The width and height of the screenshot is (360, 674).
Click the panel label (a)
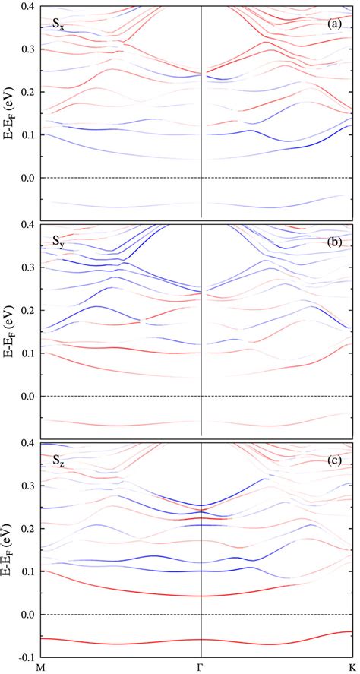tap(335, 24)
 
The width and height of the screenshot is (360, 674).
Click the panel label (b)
tap(335, 242)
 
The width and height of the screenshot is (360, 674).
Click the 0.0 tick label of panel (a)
tap(25, 178)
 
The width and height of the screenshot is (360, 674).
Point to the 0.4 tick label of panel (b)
tap(25, 224)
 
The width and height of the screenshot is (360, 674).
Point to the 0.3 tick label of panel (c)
tap(25, 485)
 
